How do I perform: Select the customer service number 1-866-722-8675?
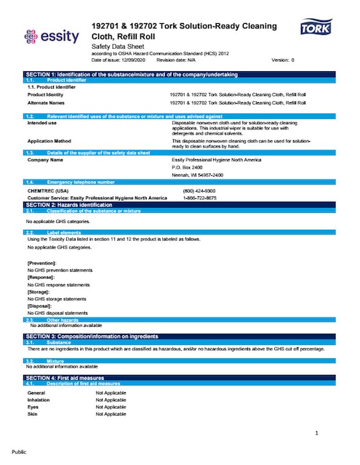(x=199, y=197)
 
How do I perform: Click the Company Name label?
(x=45, y=159)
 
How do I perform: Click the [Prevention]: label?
(x=42, y=262)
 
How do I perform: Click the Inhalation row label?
(x=39, y=399)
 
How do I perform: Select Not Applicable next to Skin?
(x=111, y=413)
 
